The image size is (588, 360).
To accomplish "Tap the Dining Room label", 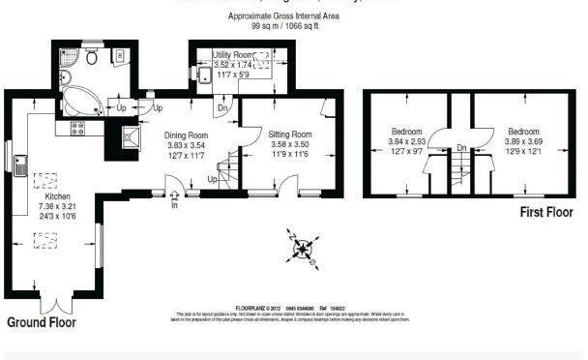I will point(186,135).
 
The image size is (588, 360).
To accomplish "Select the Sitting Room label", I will point(289,134).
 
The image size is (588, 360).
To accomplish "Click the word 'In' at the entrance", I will point(174,205).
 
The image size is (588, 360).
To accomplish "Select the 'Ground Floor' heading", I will point(42,321).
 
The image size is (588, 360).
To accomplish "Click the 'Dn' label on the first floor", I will point(462,148).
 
